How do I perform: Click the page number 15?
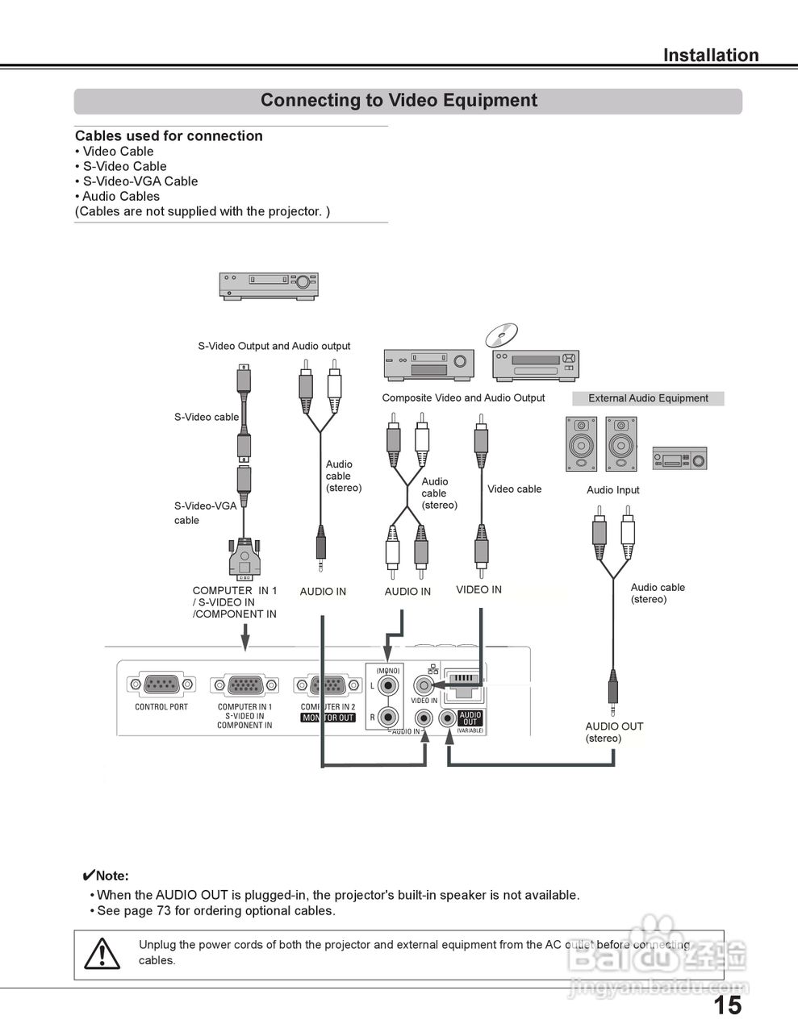727,1005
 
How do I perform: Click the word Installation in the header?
710,56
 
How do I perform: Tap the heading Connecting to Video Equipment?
399,101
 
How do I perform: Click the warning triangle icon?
102,955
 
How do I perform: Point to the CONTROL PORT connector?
161,685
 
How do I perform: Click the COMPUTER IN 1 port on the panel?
244,686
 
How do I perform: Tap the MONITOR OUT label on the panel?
328,718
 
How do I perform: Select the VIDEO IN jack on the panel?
424,685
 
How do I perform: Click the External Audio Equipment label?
648,398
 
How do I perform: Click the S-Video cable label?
207,417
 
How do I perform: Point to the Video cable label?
514,489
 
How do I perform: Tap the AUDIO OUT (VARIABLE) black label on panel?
470,718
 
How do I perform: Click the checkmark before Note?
89,876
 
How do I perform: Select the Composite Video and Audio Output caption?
463,397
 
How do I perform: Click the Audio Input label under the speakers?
612,490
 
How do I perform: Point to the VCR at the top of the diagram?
269,285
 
